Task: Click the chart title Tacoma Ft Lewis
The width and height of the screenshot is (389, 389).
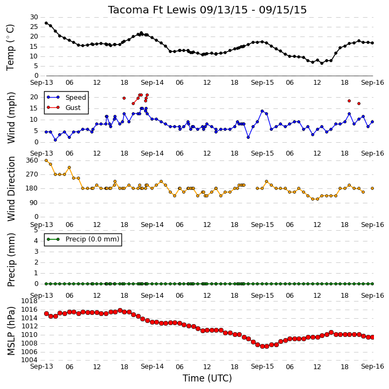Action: [x=152, y=10]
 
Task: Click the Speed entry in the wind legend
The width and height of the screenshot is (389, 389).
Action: [x=76, y=97]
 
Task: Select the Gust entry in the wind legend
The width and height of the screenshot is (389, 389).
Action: [x=73, y=108]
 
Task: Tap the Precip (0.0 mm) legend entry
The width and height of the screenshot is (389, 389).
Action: [x=92, y=239]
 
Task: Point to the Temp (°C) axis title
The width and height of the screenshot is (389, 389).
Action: [x=10, y=47]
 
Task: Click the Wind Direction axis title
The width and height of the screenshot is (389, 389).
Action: [x=11, y=188]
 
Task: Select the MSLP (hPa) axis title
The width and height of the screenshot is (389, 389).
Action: [x=11, y=331]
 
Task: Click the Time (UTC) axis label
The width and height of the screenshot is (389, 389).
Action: [x=207, y=378]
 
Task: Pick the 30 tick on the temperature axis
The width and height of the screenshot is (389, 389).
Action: [x=34, y=17]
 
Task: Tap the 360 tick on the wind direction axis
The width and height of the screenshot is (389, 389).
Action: [x=32, y=160]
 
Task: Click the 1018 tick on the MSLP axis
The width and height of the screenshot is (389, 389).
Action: [x=30, y=301]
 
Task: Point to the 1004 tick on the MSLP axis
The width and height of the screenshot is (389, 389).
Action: [x=30, y=359]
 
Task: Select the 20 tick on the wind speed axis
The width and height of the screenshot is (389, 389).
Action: [x=34, y=97]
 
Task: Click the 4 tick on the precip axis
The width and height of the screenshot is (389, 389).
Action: [x=36, y=241]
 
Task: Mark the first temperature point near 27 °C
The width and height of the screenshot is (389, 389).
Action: [x=46, y=23]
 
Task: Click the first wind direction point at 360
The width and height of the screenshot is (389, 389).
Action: [x=46, y=160]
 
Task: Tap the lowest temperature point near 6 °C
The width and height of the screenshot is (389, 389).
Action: [x=322, y=63]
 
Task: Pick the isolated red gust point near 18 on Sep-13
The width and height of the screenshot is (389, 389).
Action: [x=124, y=98]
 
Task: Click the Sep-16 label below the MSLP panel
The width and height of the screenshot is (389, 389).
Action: [x=372, y=366]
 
